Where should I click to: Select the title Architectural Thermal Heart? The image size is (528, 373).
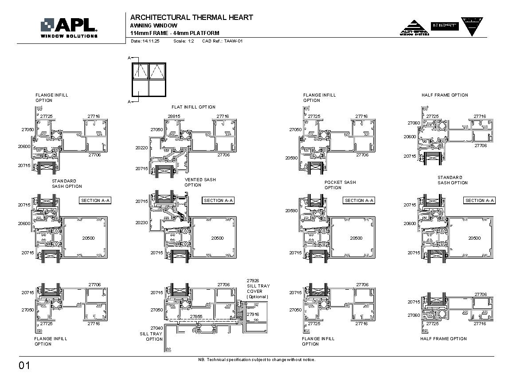(x=192, y=17)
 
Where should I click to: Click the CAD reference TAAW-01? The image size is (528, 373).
(x=222, y=41)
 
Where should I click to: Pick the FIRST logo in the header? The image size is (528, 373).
(x=444, y=26)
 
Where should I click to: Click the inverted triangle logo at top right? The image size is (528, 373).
(x=472, y=26)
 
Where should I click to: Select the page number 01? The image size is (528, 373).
(x=24, y=365)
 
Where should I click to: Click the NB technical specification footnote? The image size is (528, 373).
(x=257, y=360)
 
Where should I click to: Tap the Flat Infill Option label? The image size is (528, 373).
(x=193, y=107)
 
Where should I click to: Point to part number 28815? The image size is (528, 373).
(x=174, y=117)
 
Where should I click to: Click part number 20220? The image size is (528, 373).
(x=141, y=148)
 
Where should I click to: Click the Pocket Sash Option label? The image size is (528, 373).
(x=340, y=185)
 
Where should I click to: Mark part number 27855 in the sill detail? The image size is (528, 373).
(x=196, y=317)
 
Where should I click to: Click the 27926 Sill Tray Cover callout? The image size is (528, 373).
(x=258, y=288)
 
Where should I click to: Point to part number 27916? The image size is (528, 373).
(x=253, y=314)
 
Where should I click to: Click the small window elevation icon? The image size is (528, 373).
(x=149, y=80)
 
